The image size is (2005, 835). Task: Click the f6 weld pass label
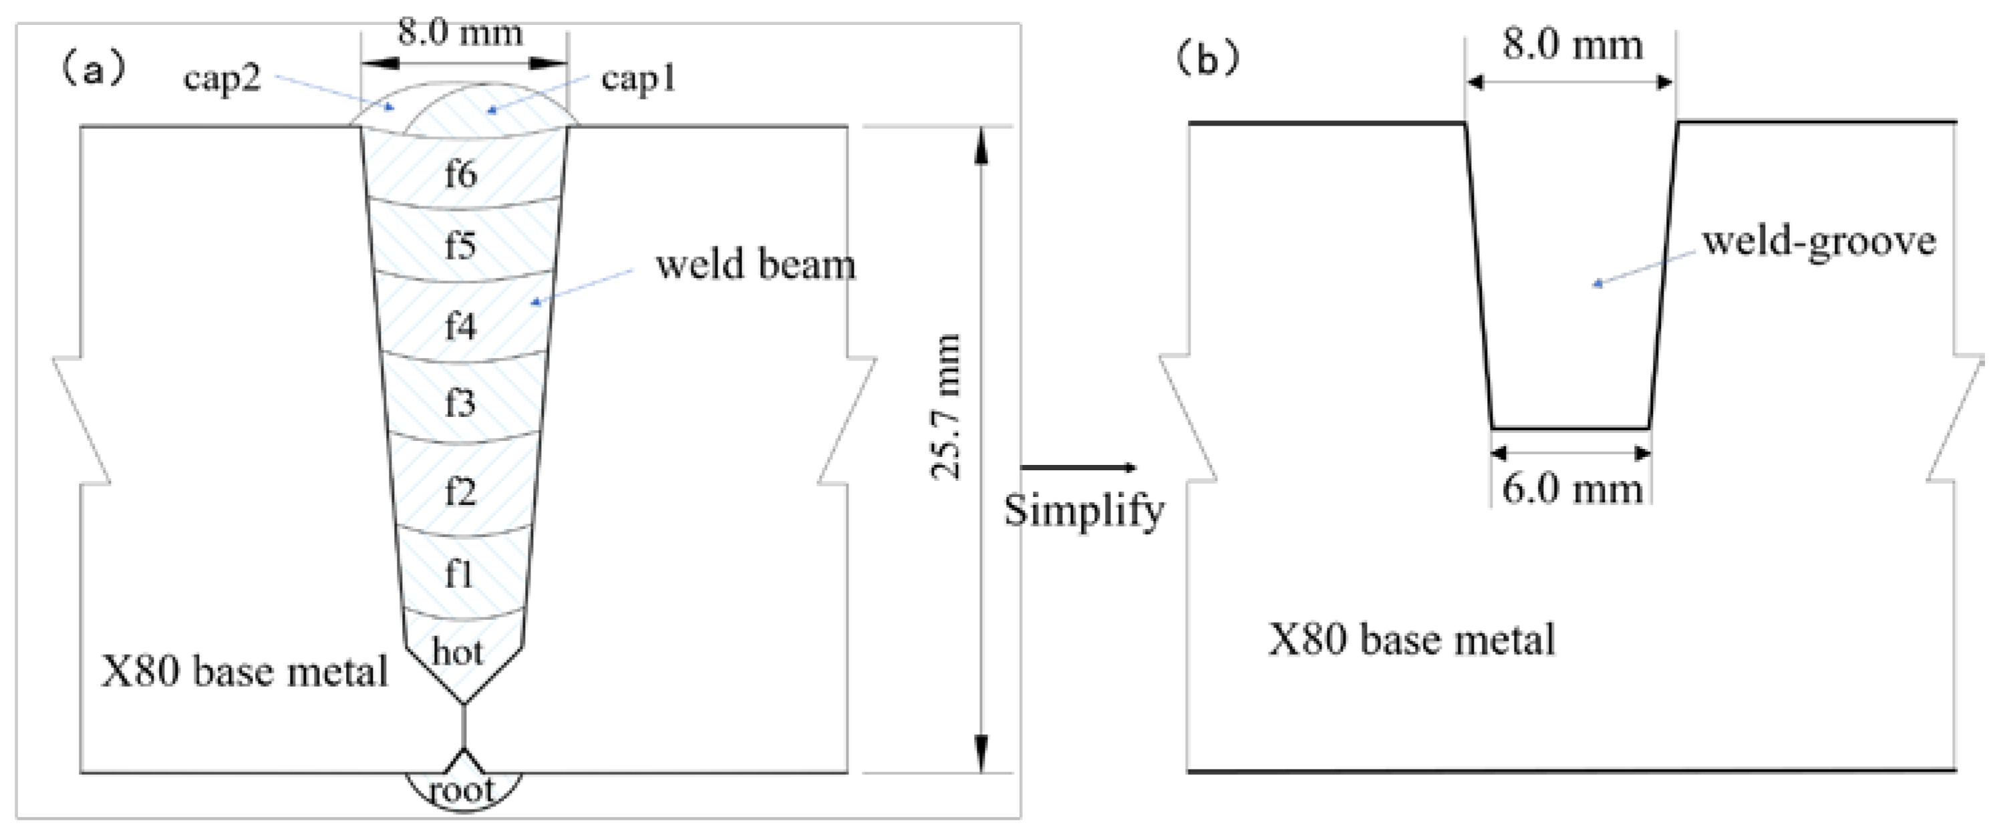click(460, 174)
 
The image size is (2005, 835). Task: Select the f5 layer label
click(460, 246)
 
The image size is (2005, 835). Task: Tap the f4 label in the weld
click(460, 325)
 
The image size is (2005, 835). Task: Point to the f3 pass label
click(460, 403)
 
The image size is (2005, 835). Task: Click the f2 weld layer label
click(460, 491)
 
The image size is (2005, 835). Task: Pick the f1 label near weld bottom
click(459, 575)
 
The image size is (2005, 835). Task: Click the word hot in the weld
click(458, 651)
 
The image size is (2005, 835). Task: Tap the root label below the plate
click(462, 791)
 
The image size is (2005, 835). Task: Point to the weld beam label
click(755, 265)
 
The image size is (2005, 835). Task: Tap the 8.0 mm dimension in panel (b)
click(1572, 45)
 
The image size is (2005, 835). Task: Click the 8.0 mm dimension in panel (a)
click(460, 33)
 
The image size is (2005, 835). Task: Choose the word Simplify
click(1084, 511)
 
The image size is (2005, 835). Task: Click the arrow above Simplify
click(1079, 468)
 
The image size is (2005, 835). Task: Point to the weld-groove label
click(1818, 241)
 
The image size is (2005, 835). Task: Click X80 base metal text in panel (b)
click(1411, 641)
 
